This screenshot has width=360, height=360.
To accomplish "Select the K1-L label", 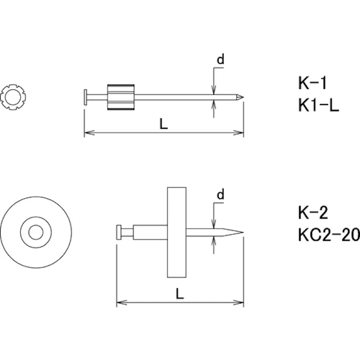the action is pos(319,105).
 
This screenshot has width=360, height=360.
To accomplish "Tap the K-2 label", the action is pos(313,213).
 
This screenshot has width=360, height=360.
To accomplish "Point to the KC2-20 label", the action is pos(329,235).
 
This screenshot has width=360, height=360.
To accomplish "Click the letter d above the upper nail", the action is pos(221,59).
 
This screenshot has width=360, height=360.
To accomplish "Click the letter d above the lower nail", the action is pos(221,194).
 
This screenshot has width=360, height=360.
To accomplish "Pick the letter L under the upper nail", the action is pos(164,124).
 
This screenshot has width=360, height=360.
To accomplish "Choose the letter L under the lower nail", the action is pos(180,293).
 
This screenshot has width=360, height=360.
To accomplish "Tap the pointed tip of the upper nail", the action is pos(243,97).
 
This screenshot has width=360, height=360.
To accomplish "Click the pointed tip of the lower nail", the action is pos(243,232).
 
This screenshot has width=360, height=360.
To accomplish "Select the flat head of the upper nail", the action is pos(85,97).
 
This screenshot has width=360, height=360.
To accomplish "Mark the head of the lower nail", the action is pos(119,232).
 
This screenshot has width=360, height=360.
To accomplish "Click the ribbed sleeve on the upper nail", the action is pos(121,97).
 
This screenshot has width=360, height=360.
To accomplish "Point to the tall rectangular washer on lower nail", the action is pos(177,232).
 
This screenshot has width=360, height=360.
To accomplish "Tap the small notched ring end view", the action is pos(13,97).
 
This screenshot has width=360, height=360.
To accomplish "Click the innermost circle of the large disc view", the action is pos(36,232).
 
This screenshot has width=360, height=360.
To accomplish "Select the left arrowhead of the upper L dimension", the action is pos(89,133).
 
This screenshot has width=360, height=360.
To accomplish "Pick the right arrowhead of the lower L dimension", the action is pos(238,302).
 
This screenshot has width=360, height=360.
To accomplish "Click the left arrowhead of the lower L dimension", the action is pos(122,302).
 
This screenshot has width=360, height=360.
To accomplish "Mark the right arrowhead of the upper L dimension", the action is pos(238,133).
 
